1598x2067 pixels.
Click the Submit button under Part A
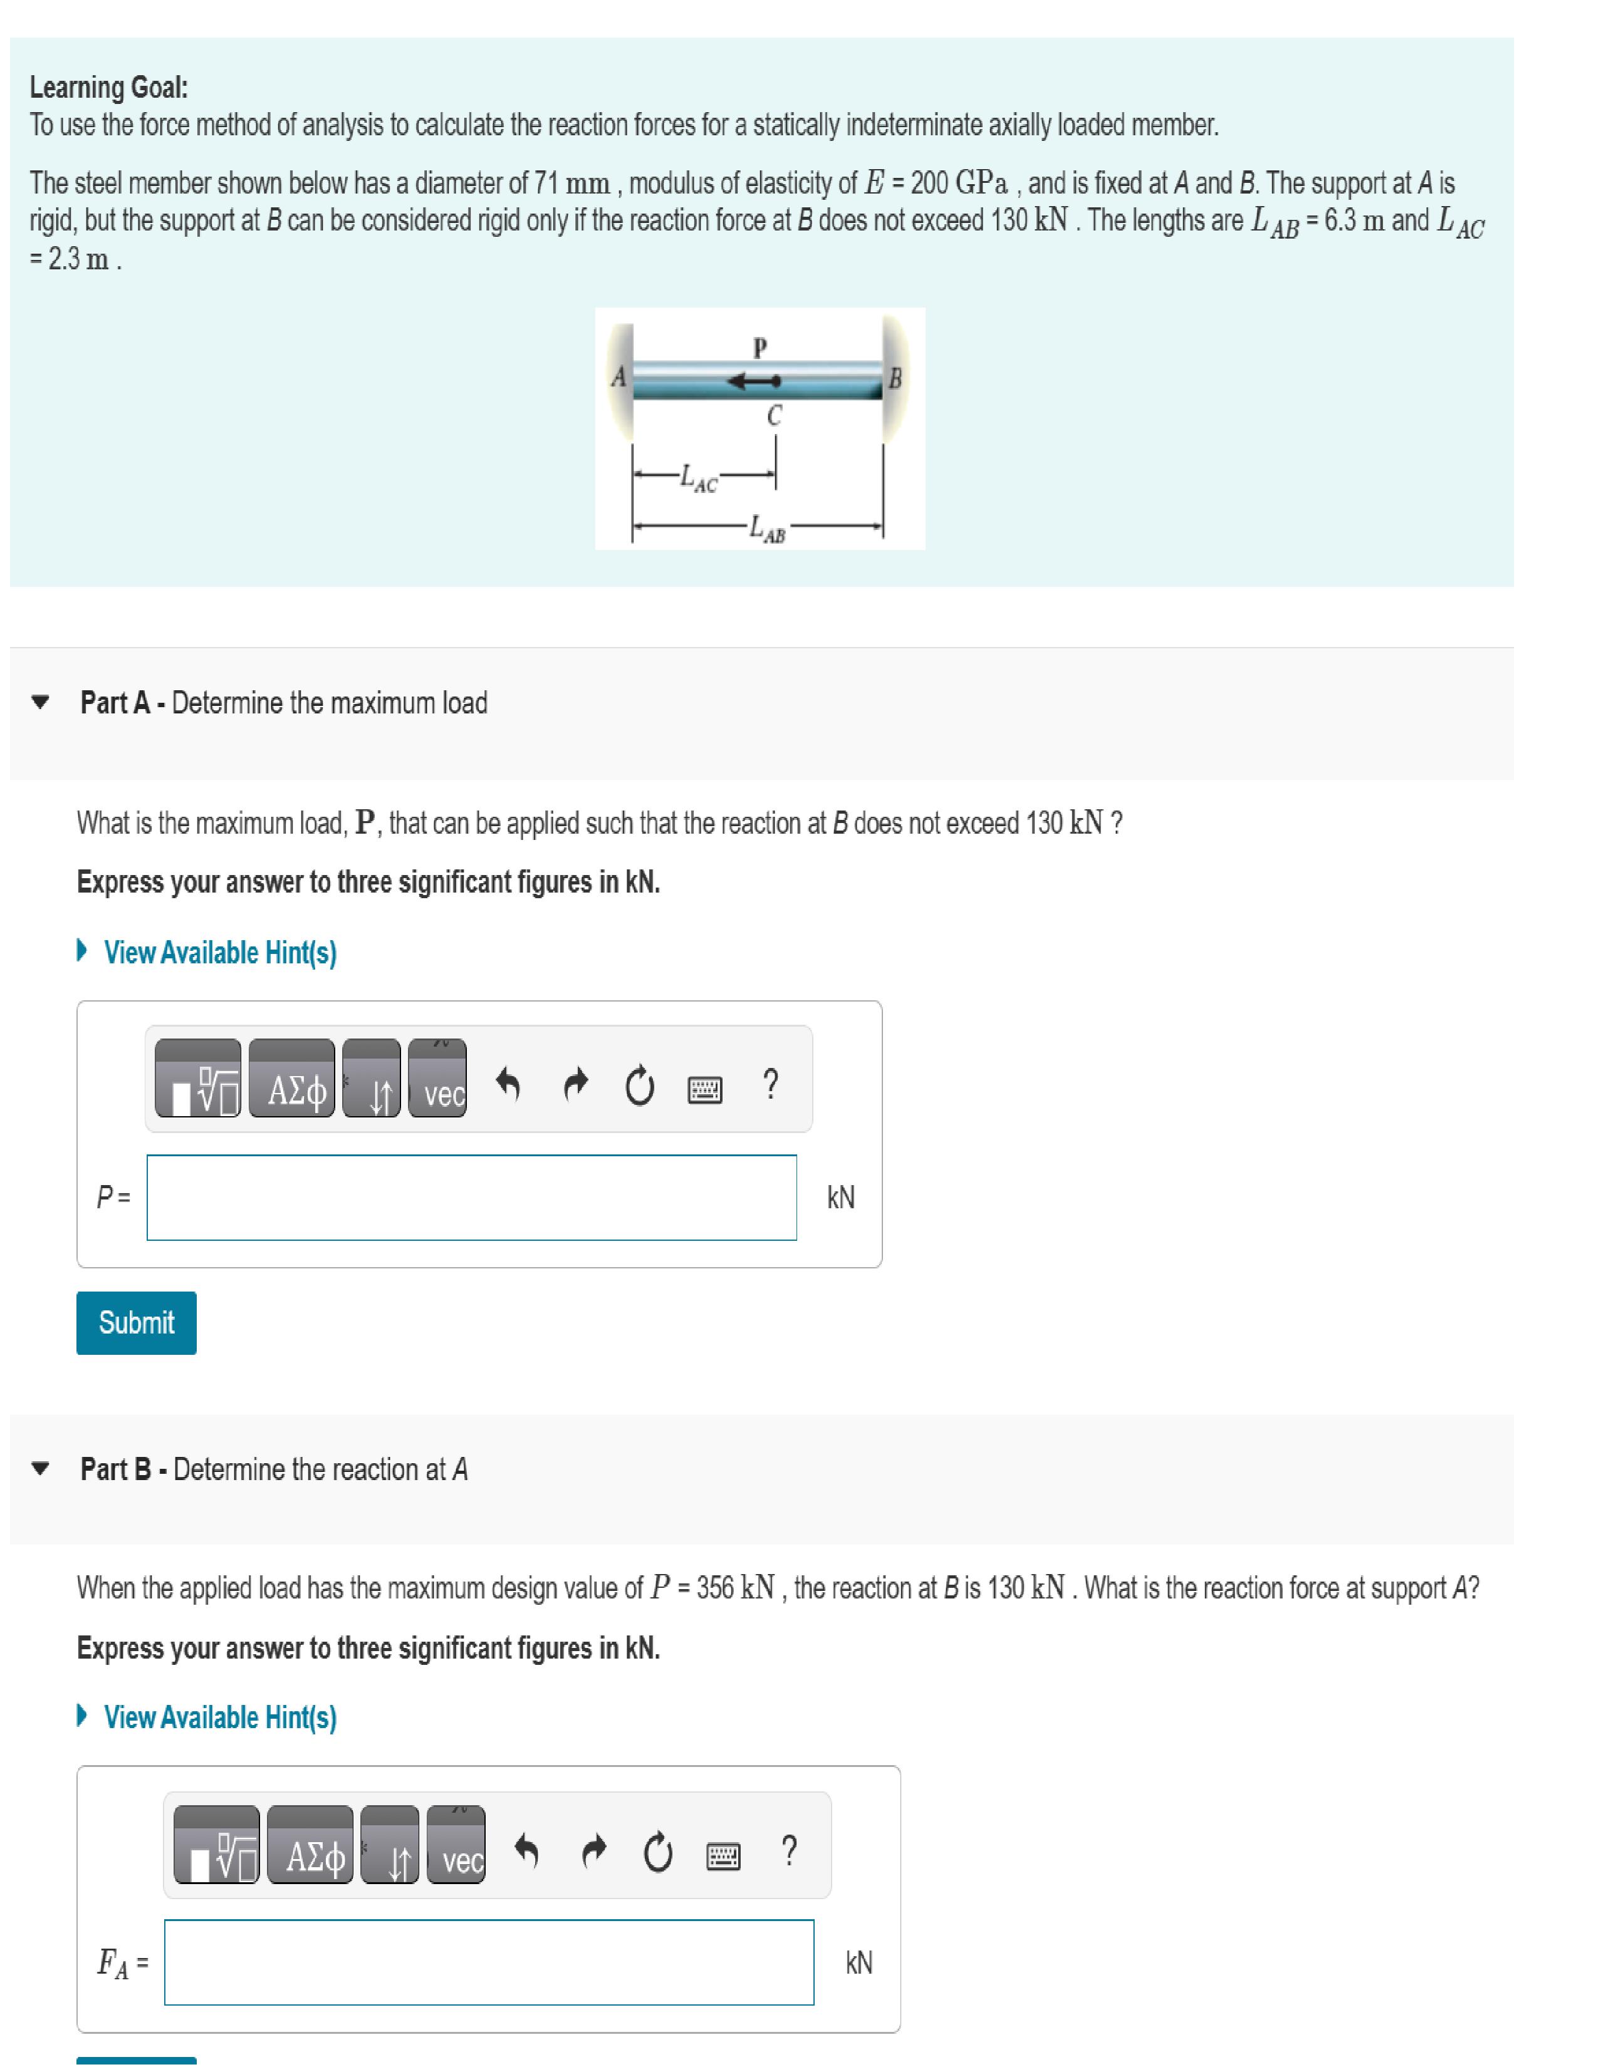137,1322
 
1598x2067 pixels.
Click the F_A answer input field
489,1962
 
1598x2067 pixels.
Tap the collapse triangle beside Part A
39,703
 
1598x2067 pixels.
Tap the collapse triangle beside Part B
39,1470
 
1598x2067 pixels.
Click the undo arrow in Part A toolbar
508,1085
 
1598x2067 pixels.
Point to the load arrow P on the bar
753,381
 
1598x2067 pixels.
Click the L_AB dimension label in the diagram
767,530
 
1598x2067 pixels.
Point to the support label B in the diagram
895,378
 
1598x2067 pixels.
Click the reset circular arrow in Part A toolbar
640,1087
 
